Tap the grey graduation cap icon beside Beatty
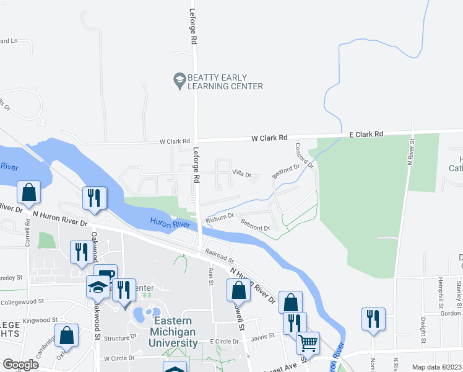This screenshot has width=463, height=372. pyautogui.click(x=179, y=79)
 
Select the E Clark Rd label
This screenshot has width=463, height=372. pyautogui.click(x=366, y=133)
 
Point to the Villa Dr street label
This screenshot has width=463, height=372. pyautogui.click(x=241, y=175)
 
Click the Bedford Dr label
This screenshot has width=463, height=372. pyautogui.click(x=285, y=170)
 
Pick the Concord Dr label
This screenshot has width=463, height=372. pyautogui.click(x=304, y=156)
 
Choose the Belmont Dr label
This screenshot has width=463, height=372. pyautogui.click(x=256, y=227)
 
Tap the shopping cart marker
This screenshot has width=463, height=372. pyautogui.click(x=308, y=342)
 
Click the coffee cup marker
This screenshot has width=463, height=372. pyautogui.click(x=105, y=274)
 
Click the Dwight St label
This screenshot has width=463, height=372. pyautogui.click(x=423, y=330)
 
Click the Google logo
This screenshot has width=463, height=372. pyautogui.click(x=20, y=365)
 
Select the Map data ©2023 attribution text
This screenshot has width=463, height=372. pyautogui.click(x=436, y=367)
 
